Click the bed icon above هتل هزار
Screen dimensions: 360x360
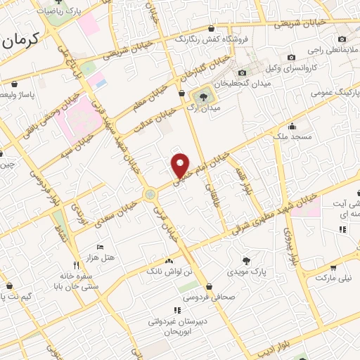(x=98, y=247)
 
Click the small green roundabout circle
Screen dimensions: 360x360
(x=150, y=194)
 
